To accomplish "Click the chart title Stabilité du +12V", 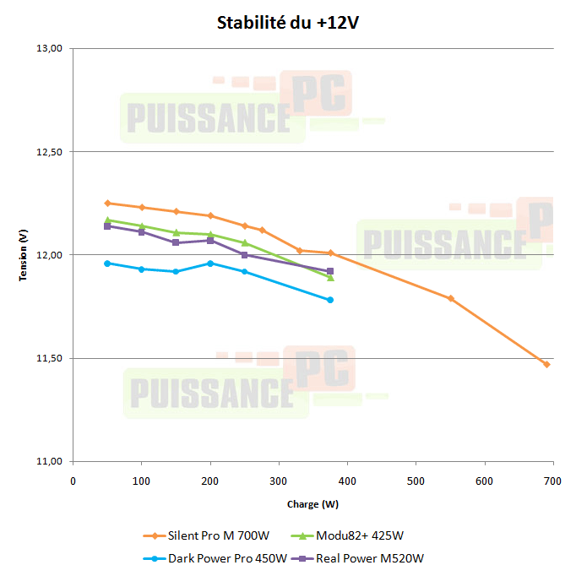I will (289, 22).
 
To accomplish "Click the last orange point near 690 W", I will (546, 364).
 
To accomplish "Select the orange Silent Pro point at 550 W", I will (450, 298).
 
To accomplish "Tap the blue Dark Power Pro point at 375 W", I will (330, 300).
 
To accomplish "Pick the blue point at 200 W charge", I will (210, 263).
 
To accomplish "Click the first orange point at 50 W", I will (107, 203).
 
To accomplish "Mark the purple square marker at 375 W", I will (330, 271).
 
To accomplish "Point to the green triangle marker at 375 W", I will (330, 278).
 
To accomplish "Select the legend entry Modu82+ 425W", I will (359, 535).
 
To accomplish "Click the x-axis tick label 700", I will (553, 481).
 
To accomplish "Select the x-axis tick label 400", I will (347, 481).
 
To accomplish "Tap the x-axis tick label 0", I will (73, 481).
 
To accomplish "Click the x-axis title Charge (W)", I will (312, 504).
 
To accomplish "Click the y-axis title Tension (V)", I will (24, 255).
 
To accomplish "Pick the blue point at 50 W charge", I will (107, 263).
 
